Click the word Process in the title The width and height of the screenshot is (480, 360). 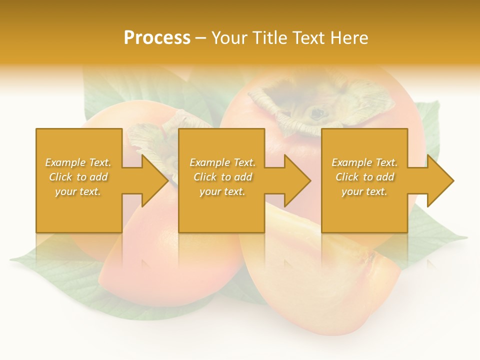tap(157, 38)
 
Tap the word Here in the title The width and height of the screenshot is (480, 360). tap(348, 38)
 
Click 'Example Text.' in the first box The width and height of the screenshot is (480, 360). tap(78, 162)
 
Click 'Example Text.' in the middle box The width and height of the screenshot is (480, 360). tap(222, 162)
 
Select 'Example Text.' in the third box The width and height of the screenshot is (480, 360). tap(364, 162)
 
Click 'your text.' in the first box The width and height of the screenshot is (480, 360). tap(78, 191)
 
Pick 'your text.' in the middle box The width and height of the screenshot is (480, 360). tap(222, 191)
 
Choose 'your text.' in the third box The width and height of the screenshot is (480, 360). tap(364, 191)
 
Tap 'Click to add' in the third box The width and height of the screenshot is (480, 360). tap(364, 177)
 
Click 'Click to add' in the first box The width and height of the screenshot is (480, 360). tap(78, 177)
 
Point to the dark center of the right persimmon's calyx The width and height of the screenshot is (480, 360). tap(317, 112)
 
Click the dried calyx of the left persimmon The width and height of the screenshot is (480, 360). tap(150, 137)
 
